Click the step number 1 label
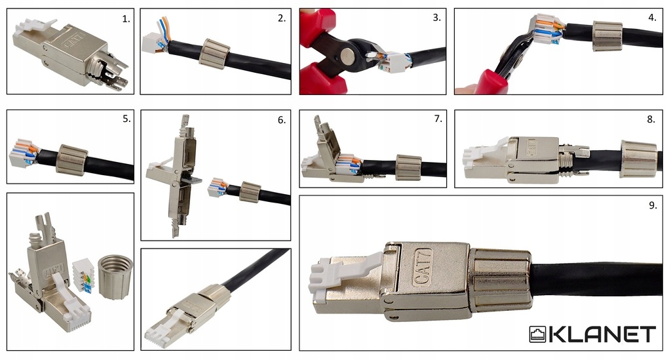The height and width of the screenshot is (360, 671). tap(126, 19)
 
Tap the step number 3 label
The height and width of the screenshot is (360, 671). tap(436, 18)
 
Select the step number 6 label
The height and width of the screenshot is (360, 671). tap(282, 120)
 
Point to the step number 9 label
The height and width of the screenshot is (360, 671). tap(653, 205)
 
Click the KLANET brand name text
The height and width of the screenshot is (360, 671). tap(602, 334)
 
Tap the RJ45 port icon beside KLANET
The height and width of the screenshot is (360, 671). tap(538, 334)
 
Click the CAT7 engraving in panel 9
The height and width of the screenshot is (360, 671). tap(423, 267)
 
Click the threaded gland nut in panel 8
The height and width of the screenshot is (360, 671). tap(638, 158)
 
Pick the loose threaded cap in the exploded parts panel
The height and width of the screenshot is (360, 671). tap(115, 276)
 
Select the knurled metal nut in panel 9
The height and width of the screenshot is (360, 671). tap(500, 281)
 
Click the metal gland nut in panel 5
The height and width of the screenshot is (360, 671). tap(72, 160)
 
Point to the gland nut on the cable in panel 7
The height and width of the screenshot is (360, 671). tap(408, 167)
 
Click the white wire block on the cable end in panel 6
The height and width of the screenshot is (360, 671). tap(217, 188)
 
